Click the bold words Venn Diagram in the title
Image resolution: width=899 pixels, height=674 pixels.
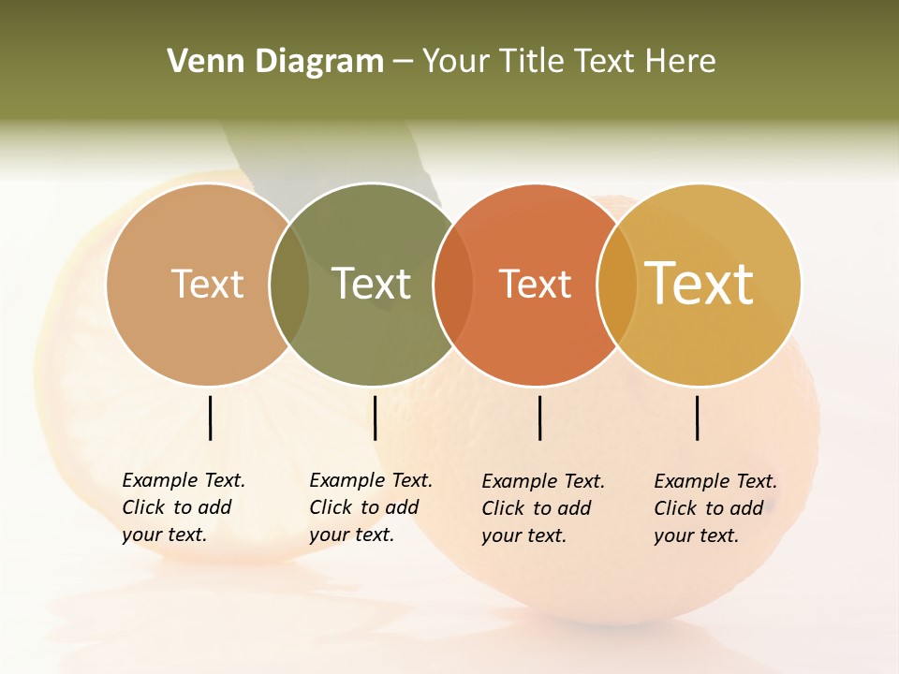click(275, 62)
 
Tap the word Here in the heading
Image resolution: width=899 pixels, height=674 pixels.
click(680, 62)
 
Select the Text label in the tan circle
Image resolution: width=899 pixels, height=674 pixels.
click(207, 284)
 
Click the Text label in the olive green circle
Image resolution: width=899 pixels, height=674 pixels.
click(372, 284)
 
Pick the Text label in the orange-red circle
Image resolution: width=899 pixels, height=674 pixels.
click(535, 284)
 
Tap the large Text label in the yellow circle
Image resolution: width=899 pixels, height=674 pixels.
click(700, 284)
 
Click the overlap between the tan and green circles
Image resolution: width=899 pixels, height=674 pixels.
click(289, 284)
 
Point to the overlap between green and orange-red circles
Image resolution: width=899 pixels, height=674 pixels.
click(453, 284)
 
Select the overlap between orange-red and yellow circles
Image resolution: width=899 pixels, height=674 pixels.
click(617, 284)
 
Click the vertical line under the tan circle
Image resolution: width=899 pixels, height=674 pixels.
click(210, 418)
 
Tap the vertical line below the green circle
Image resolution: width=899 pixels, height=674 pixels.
click(375, 418)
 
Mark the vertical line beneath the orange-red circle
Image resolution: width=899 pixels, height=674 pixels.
click(539, 418)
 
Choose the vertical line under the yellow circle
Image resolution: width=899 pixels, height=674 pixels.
click(697, 418)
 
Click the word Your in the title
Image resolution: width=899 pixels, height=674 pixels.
click(456, 62)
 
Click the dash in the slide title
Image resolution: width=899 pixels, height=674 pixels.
click(403, 63)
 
